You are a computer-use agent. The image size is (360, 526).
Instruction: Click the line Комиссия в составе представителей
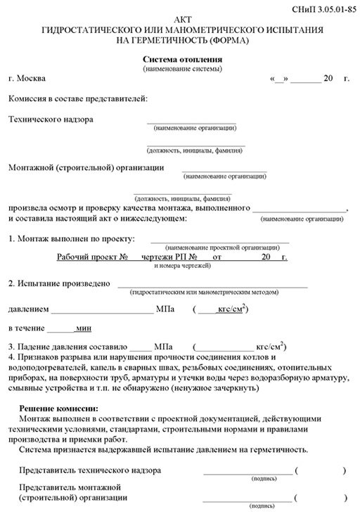pos(78,98)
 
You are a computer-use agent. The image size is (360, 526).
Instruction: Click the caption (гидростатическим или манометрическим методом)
pos(211,292)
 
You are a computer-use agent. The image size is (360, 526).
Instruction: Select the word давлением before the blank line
pos(28,309)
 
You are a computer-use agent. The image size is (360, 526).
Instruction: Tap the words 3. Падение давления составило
pos(66,347)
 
